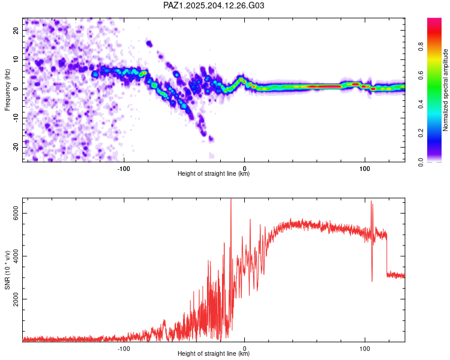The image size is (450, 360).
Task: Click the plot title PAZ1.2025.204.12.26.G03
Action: coord(214,5)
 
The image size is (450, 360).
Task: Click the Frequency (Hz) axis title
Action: coord(7,90)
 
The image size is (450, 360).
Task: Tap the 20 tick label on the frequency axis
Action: coord(16,30)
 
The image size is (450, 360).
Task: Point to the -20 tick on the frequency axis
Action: coord(16,147)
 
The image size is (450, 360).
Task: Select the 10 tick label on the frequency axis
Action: coord(16,59)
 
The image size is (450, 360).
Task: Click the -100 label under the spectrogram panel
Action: coord(124,169)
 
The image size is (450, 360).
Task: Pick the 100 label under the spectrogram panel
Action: coord(364,169)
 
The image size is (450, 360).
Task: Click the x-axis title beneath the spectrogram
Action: coord(214,173)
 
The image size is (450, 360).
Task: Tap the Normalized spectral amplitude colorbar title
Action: coord(445,90)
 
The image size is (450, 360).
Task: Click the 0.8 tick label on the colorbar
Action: coord(421,46)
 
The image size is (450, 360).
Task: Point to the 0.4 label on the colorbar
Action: coord(421,104)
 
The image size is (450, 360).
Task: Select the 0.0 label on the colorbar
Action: coord(421,163)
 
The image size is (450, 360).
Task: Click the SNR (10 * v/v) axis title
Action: coord(7,270)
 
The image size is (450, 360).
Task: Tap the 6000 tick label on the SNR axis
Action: coord(16,214)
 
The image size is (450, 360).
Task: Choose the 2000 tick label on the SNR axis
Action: coord(16,299)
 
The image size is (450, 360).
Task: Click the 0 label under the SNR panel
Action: coord(245,349)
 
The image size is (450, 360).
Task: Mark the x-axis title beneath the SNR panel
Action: coord(214,353)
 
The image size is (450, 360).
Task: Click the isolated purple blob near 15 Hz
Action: coord(149,44)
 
